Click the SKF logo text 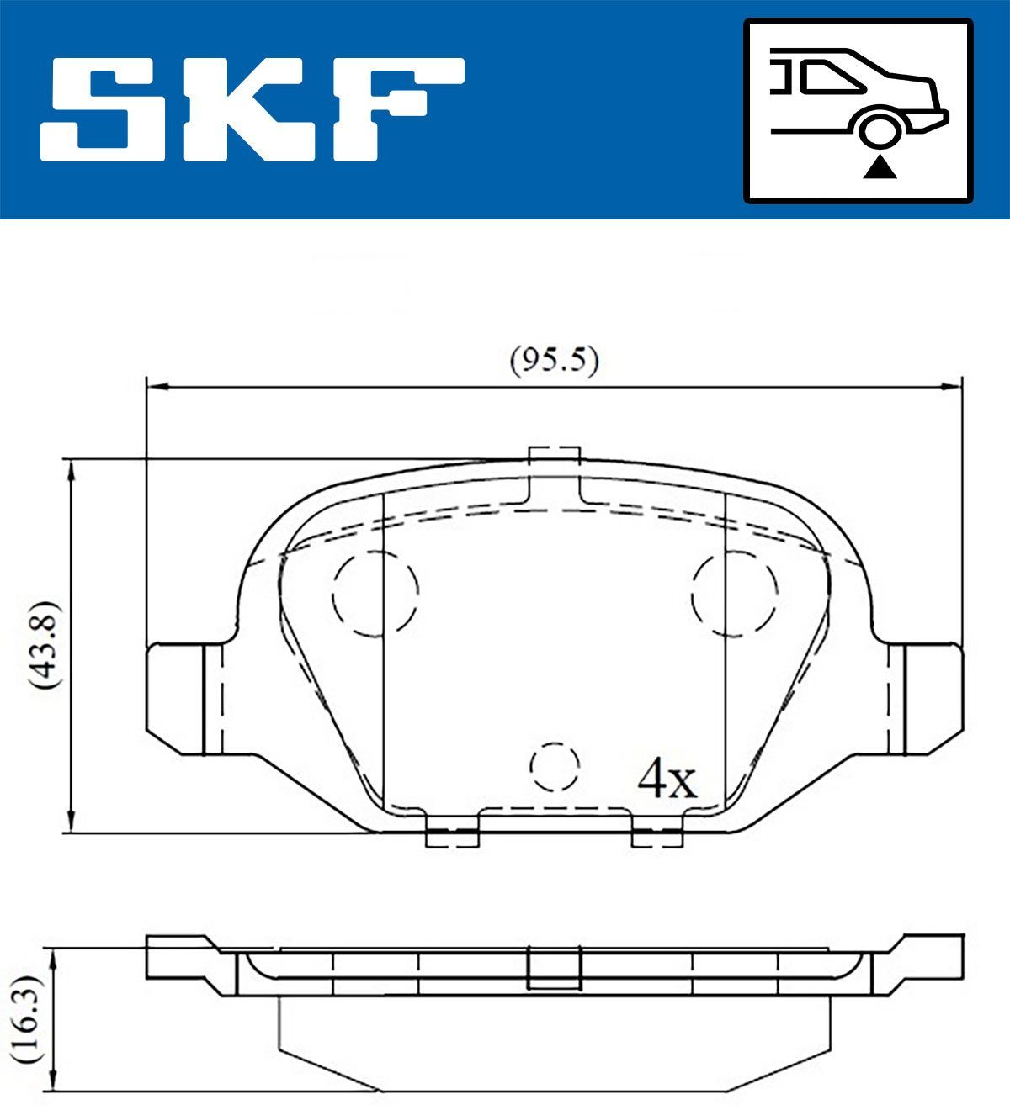(x=252, y=109)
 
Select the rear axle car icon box (x=858, y=111)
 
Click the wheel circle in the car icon (x=880, y=130)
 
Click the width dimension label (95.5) (x=554, y=361)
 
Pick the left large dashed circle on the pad (x=375, y=594)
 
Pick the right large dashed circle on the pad (x=734, y=594)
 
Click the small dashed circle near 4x (x=555, y=768)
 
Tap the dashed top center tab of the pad (x=554, y=478)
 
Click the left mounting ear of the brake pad (x=183, y=697)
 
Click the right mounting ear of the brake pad (x=926, y=697)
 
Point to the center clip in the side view (x=554, y=967)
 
